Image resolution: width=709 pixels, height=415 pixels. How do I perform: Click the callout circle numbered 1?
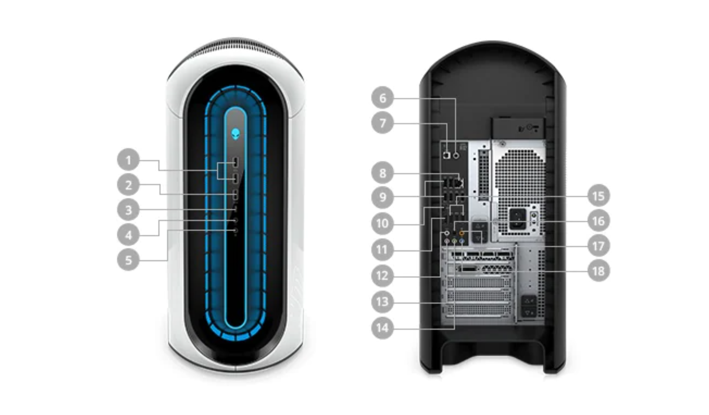(x=128, y=160)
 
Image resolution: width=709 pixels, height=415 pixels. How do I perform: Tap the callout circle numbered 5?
(x=128, y=260)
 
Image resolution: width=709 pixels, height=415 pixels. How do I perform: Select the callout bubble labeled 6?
(x=383, y=97)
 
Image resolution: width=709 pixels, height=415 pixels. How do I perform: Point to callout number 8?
(x=383, y=173)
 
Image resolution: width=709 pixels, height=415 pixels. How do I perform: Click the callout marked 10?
(x=383, y=223)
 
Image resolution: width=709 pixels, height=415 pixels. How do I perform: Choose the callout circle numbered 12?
(x=383, y=275)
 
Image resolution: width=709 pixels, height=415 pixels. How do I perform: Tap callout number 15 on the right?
(x=599, y=196)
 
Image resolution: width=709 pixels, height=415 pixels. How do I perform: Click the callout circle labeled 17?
(x=599, y=246)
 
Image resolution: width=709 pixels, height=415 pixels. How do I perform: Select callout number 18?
(x=599, y=271)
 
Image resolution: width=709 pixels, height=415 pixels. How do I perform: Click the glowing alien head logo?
(x=236, y=134)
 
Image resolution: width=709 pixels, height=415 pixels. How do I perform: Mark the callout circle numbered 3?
(x=128, y=210)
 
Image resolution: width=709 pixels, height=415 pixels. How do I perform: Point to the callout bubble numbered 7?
(x=383, y=123)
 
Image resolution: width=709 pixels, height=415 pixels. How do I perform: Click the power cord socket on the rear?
(x=517, y=218)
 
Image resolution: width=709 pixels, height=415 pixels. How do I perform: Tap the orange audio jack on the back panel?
(x=462, y=234)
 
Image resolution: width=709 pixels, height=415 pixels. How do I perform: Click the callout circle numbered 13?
(x=383, y=301)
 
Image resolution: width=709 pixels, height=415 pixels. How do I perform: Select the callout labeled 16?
(x=599, y=221)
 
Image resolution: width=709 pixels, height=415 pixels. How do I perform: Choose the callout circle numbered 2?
(x=128, y=185)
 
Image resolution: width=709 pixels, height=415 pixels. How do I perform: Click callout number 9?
(x=383, y=197)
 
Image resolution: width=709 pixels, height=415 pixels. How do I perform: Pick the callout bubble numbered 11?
(x=383, y=249)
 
